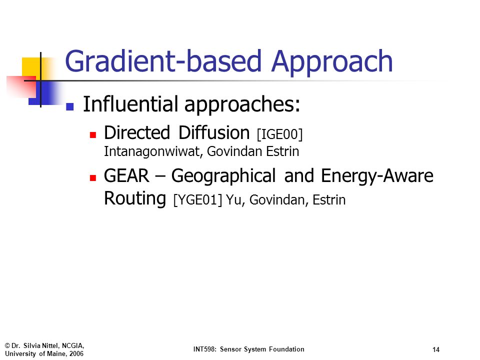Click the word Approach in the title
pos(332,62)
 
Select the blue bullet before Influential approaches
pos(70,106)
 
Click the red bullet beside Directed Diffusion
pos(93,135)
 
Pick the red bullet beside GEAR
pos(93,178)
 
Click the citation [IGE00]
pos(280,134)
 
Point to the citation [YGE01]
pos(198,200)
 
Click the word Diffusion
pos(214,133)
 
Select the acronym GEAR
pos(126,176)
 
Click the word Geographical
pos(223,176)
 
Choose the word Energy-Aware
pos(377,176)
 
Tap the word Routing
pos(135,199)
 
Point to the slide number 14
pos(436,349)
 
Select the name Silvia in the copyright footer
pos(32,345)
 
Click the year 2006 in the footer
pos(76,354)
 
